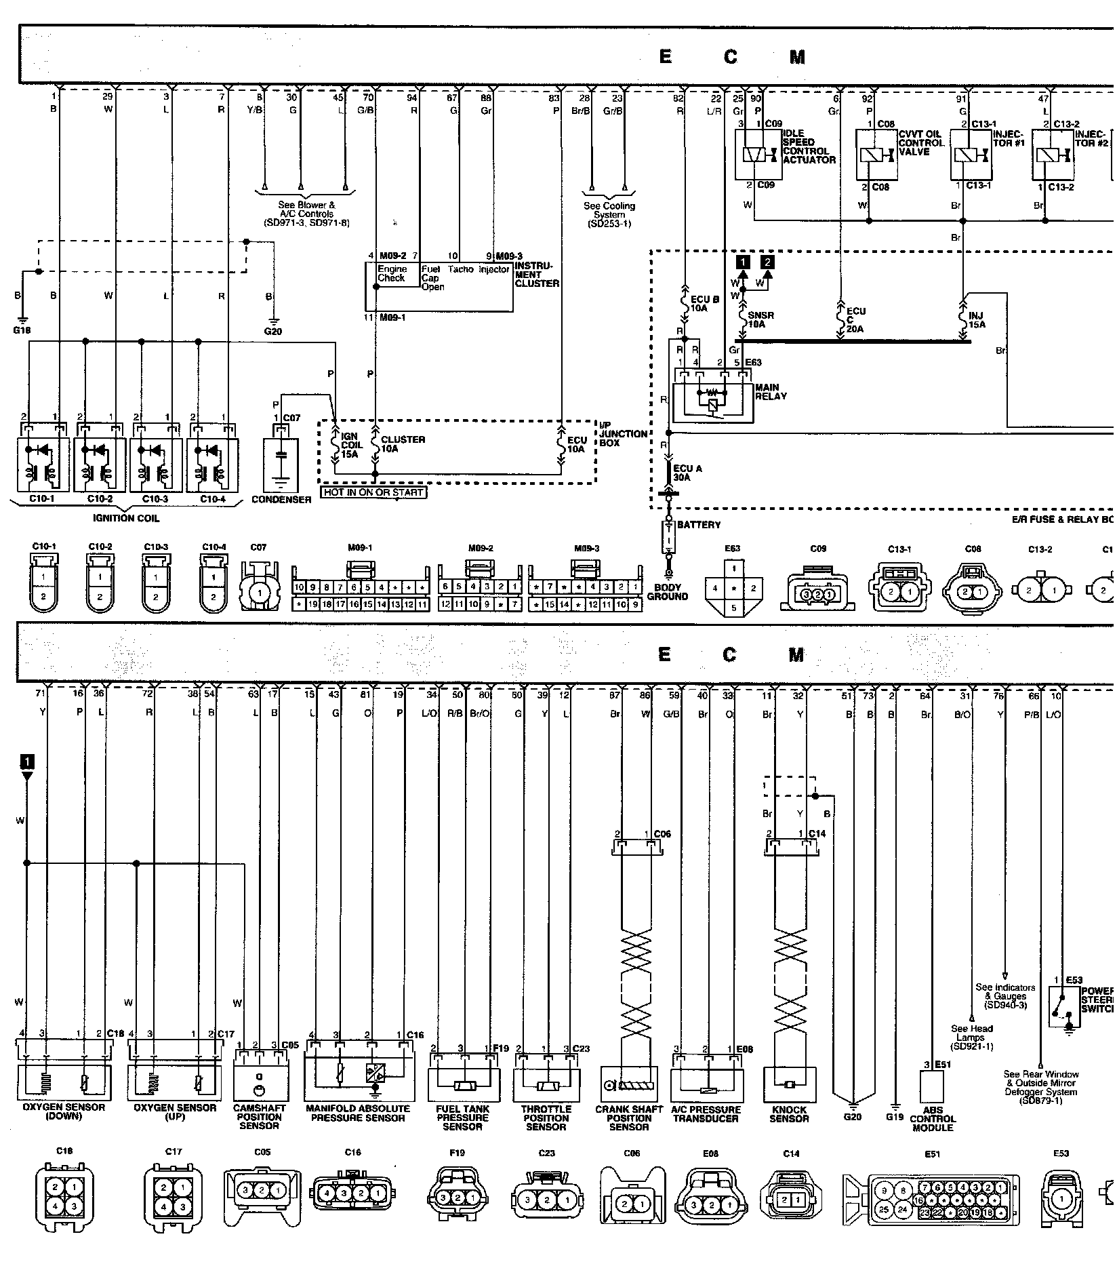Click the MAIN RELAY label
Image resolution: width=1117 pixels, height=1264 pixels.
771,392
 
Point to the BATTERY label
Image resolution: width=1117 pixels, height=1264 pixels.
699,525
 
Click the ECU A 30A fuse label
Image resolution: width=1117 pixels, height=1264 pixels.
688,473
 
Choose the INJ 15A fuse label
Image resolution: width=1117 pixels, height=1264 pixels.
977,320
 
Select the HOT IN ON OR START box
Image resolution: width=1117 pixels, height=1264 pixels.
373,492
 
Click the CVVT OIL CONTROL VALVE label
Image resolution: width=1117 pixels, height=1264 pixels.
921,143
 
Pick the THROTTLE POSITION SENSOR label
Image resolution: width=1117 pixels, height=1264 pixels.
546,1118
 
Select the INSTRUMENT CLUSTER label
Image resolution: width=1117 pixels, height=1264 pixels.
537,275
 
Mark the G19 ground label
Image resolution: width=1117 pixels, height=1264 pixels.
895,1116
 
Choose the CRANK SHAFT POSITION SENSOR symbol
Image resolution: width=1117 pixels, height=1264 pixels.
629,1086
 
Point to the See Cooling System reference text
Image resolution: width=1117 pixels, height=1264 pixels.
609,214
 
